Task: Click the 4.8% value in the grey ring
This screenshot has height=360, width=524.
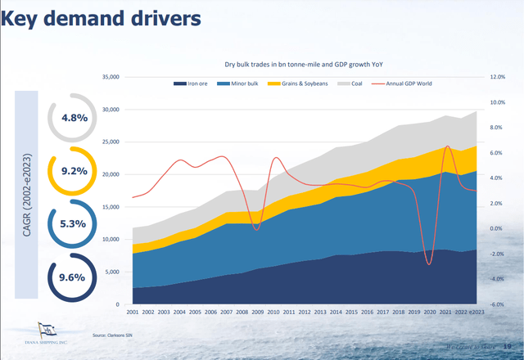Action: click(x=74, y=118)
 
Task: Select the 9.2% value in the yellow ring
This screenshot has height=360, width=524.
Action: click(x=74, y=172)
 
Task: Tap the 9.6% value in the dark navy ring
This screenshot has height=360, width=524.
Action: click(x=74, y=277)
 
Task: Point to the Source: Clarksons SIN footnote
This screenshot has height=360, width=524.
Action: click(x=111, y=335)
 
